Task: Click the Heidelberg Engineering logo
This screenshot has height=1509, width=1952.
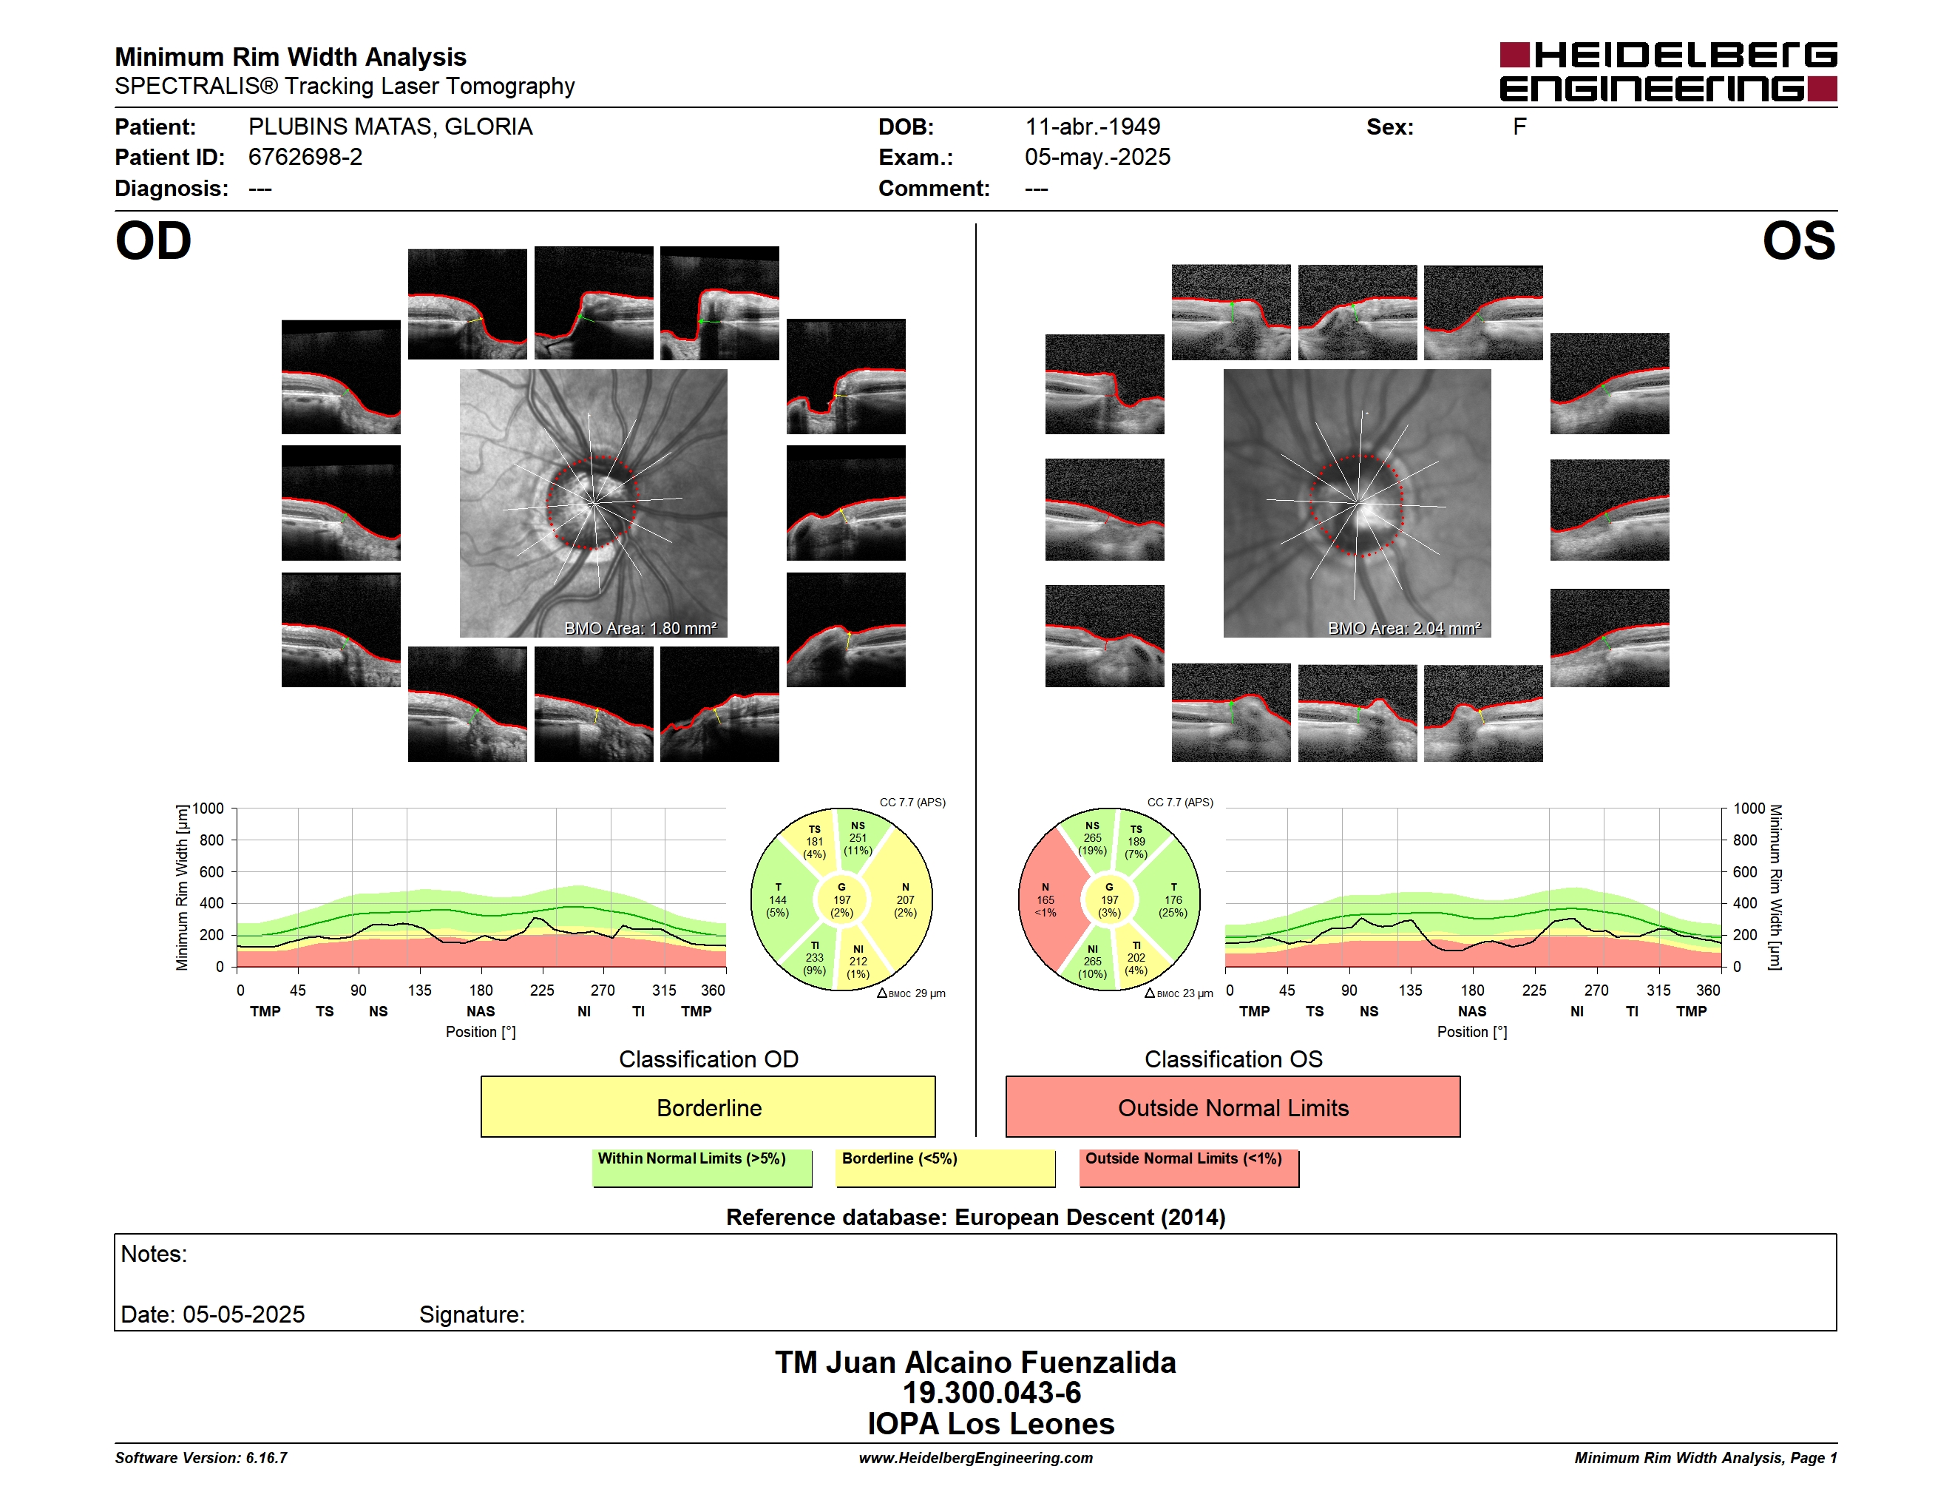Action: point(1668,72)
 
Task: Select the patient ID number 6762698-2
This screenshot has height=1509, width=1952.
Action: point(305,158)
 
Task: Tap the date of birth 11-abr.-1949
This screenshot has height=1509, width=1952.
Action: point(1092,127)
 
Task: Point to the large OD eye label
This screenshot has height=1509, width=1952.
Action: point(154,241)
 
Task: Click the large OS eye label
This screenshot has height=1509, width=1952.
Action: point(1798,241)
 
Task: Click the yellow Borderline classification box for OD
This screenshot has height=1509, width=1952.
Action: point(708,1107)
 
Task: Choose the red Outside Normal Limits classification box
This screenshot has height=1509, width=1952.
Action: point(1233,1107)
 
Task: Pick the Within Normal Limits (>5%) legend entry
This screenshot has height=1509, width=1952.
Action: point(702,1167)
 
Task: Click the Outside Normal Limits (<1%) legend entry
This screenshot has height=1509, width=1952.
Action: point(1189,1167)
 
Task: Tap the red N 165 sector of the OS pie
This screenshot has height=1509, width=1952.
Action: point(1046,899)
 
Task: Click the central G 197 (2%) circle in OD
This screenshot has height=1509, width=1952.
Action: point(842,900)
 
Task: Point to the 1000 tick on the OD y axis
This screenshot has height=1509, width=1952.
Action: point(207,808)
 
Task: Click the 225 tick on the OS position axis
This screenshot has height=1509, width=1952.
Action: point(1534,990)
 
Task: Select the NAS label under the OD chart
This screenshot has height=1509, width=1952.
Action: point(481,1011)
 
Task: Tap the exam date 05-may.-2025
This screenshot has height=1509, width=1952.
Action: point(1097,158)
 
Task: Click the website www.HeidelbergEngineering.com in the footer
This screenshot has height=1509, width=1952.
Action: point(975,1458)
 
